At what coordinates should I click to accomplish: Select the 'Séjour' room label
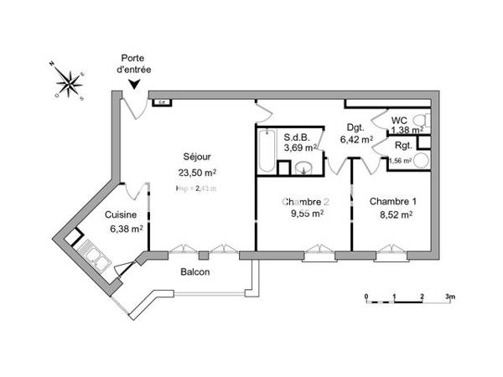[x=197, y=157]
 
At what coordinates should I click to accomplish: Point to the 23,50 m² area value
[x=197, y=173]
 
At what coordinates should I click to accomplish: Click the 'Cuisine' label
[x=121, y=214]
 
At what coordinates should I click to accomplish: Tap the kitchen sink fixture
[x=91, y=255]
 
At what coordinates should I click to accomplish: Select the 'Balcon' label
[x=194, y=273]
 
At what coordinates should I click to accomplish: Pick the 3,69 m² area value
[x=299, y=147]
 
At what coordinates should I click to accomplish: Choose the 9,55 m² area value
[x=305, y=213]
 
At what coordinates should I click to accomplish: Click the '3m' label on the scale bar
[x=449, y=297]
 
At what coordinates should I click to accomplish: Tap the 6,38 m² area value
[x=123, y=228]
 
